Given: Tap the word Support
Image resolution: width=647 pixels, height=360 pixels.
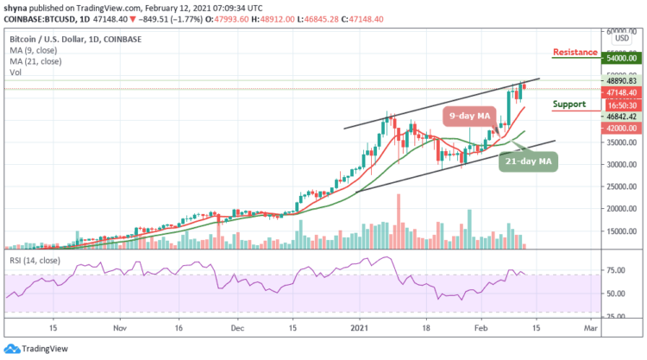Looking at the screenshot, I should click(568, 104).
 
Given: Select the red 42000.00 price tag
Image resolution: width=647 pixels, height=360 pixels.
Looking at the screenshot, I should click(619, 128).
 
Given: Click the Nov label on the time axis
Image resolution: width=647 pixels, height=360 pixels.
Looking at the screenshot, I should click(120, 329).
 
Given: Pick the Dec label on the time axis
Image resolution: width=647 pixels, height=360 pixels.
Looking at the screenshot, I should click(239, 329).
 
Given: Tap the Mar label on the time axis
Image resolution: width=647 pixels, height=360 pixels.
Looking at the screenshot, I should click(587, 329).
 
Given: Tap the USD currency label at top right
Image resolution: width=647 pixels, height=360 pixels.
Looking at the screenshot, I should click(619, 38).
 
